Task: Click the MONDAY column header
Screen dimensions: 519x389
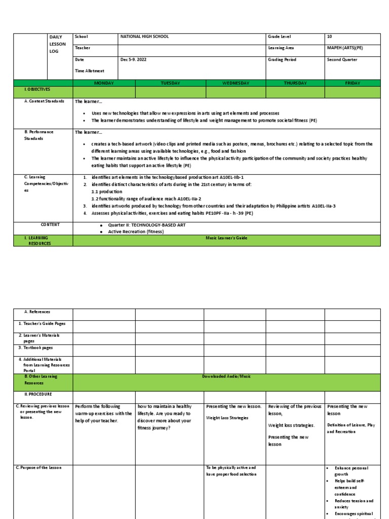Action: (104, 83)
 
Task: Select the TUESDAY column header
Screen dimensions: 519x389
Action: (170, 83)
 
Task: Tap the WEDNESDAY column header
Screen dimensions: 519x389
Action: (236, 83)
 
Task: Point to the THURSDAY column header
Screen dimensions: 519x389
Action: (295, 83)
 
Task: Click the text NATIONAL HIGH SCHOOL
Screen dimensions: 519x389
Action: (144, 36)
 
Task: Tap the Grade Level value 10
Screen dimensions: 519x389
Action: (330, 36)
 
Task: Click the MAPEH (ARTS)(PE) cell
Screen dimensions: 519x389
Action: (345, 48)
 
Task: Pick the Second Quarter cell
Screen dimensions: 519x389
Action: (342, 59)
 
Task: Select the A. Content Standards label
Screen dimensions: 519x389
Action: (44, 101)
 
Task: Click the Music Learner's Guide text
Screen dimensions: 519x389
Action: (226, 237)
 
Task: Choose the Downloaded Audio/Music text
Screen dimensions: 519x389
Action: (226, 376)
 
